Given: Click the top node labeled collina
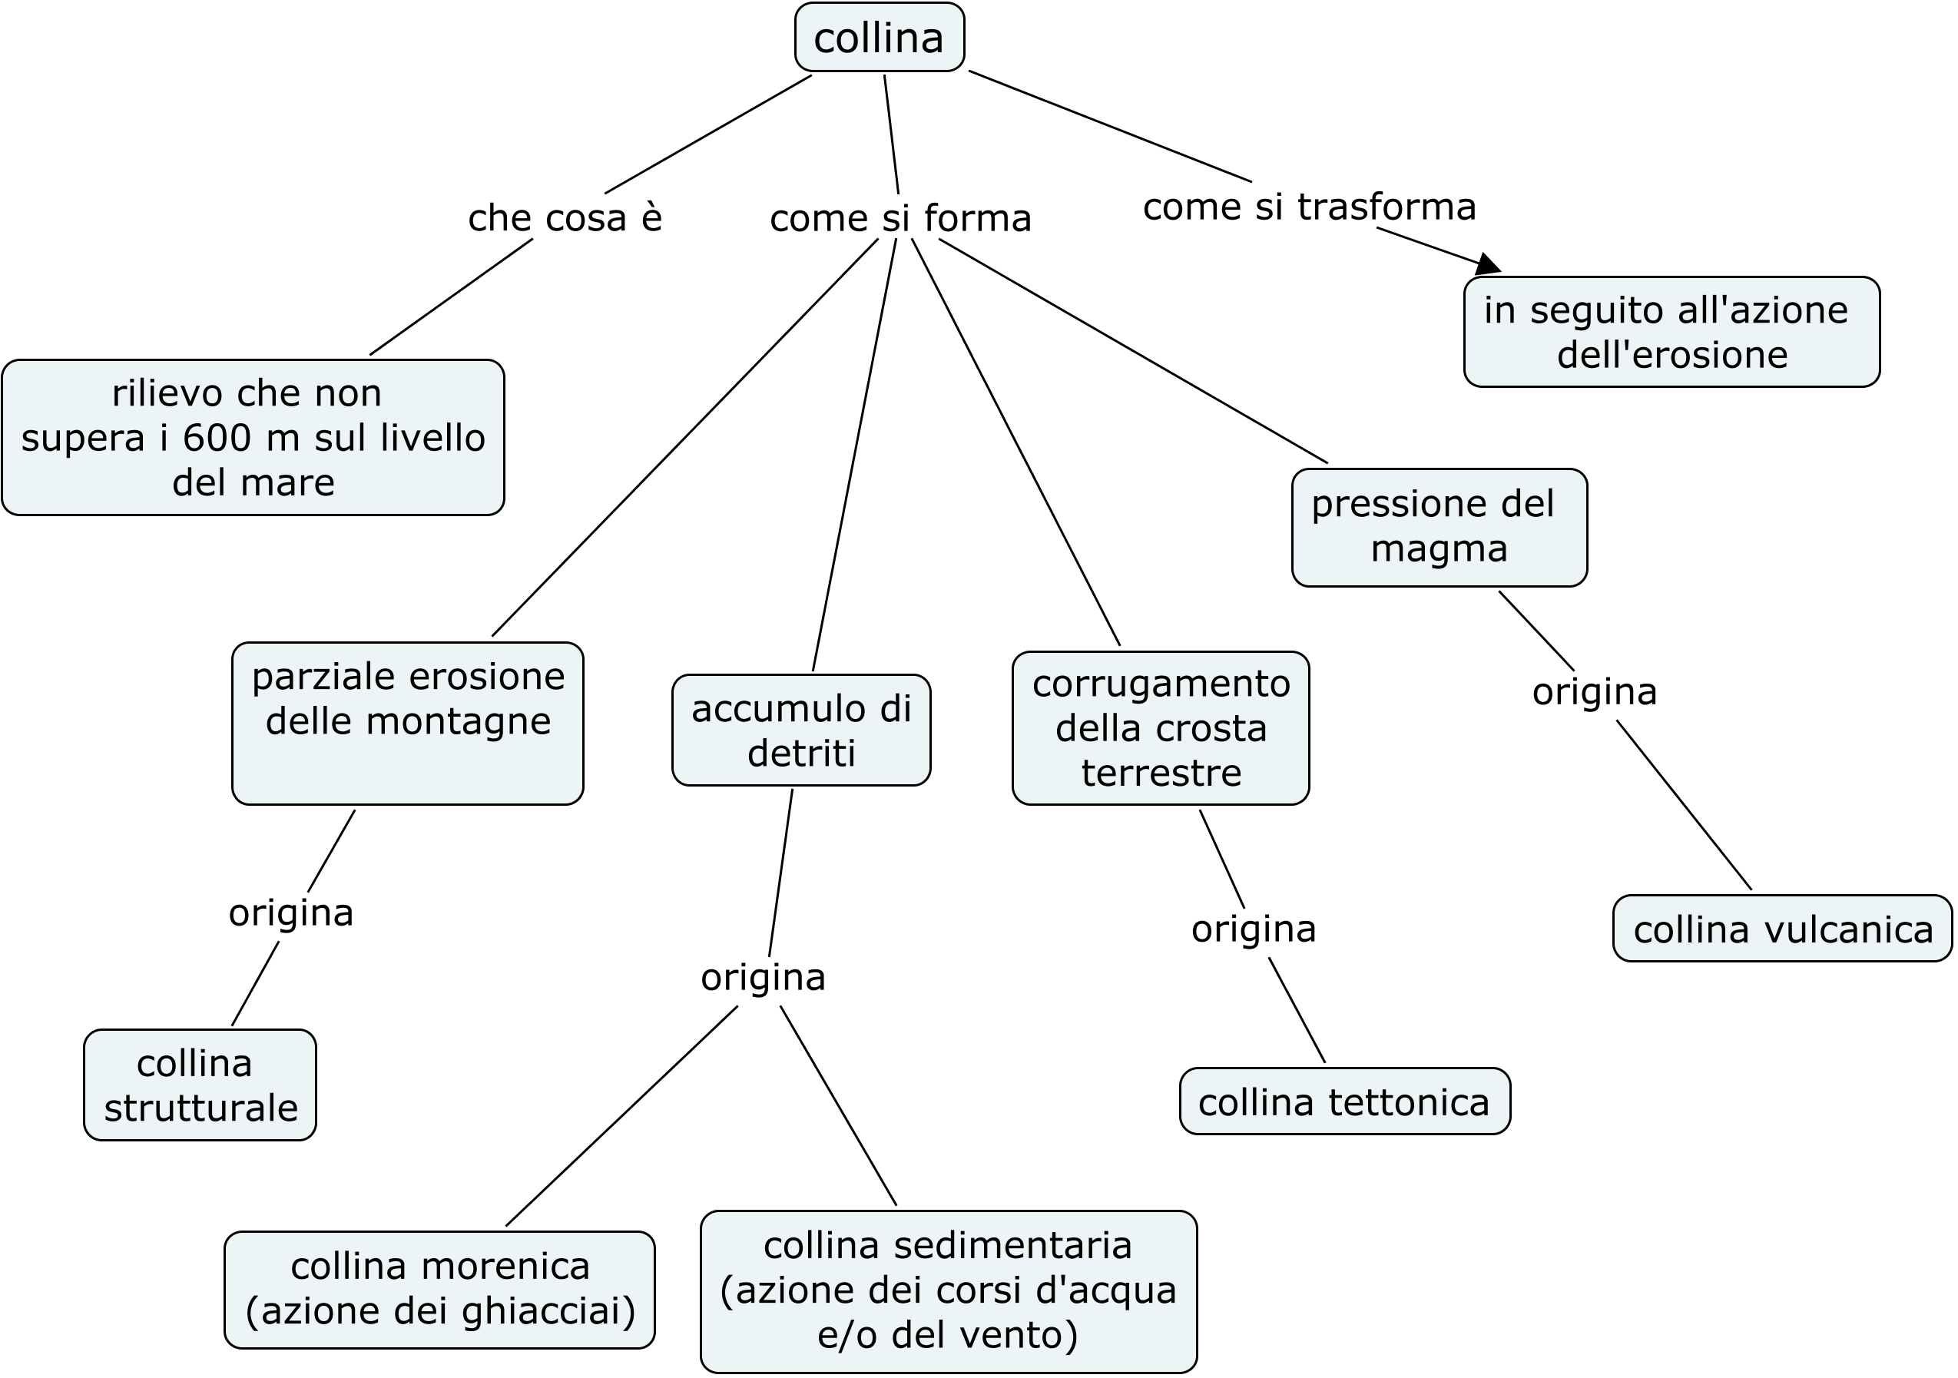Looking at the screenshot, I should coord(880,38).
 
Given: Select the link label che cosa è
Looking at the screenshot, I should coord(565,218).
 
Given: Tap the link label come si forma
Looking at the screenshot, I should coord(900,218).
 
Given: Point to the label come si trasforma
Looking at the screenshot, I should coord(1309,207).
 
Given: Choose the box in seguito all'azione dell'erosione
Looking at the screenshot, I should coord(1671,332).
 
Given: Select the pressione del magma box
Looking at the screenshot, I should coord(1439,527).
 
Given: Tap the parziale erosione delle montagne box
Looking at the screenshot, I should coord(408,722).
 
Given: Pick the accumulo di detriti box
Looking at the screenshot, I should coord(800,730).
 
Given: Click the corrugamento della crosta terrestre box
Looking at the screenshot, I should coord(1161,727).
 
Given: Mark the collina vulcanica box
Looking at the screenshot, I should coord(1782,929).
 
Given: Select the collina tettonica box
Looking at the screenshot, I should coord(1344,1101).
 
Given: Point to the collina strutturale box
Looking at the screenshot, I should coord(200,1085).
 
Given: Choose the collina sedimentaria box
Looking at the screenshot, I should coord(949,1290).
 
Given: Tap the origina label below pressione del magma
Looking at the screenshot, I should coord(1594,691).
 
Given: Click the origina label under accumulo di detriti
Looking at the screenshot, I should coord(764,977).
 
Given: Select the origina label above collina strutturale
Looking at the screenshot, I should coord(291,913).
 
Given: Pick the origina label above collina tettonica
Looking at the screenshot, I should coord(1254,929).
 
